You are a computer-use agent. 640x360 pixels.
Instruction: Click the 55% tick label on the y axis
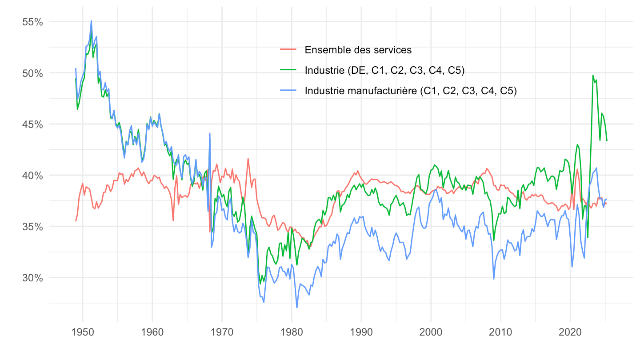pyautogui.click(x=32, y=22)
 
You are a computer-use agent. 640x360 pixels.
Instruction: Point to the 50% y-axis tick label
pyautogui.click(x=32, y=73)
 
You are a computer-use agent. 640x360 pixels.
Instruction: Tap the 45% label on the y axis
pyautogui.click(x=32, y=124)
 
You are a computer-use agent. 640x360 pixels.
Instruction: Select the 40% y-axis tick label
pyautogui.click(x=32, y=175)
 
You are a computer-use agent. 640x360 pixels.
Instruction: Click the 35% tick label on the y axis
pyautogui.click(x=32, y=227)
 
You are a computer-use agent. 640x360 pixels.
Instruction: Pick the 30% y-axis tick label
pyautogui.click(x=32, y=278)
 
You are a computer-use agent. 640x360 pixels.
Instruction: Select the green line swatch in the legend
pyautogui.click(x=288, y=70)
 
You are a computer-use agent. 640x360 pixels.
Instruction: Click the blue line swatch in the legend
pyautogui.click(x=288, y=91)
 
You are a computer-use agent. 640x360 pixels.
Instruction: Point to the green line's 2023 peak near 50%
pyautogui.click(x=593, y=76)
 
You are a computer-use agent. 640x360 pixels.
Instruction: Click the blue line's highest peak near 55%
pyautogui.click(x=91, y=21)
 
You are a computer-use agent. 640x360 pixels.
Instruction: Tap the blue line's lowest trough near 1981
pyautogui.click(x=297, y=307)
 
